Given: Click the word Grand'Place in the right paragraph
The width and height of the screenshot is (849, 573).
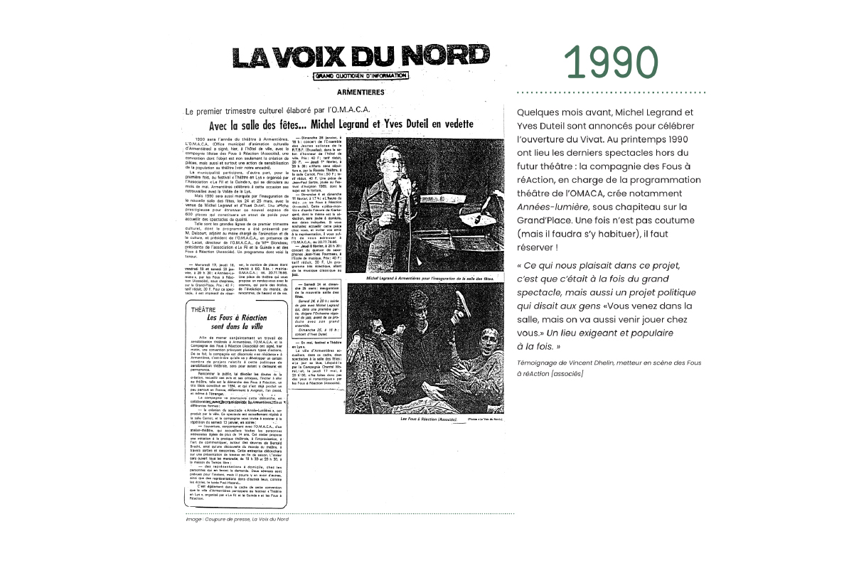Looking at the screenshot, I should (x=548, y=222).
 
